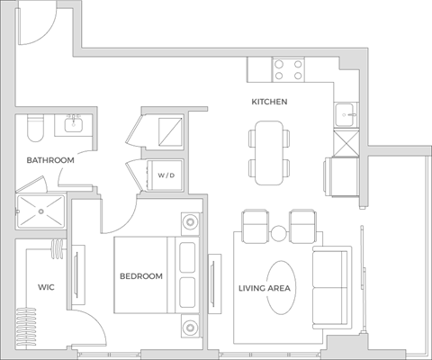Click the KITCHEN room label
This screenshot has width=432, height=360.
(269, 102)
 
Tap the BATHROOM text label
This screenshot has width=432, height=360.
(49, 160)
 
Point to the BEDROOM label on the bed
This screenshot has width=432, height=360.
(141, 276)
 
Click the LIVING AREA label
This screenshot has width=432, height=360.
(262, 289)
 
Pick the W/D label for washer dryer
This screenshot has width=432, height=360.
(167, 175)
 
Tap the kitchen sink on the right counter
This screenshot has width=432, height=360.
(345, 113)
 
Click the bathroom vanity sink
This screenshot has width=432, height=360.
(74, 126)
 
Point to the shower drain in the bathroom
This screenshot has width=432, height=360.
(40, 211)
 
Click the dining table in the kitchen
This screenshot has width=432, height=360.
(270, 151)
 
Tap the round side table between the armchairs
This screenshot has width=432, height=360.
(279, 233)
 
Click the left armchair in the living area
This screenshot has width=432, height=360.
(256, 225)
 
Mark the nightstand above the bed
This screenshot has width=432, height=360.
(188, 221)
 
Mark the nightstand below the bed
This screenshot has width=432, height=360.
(188, 325)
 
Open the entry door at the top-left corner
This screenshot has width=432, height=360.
(34, 22)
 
